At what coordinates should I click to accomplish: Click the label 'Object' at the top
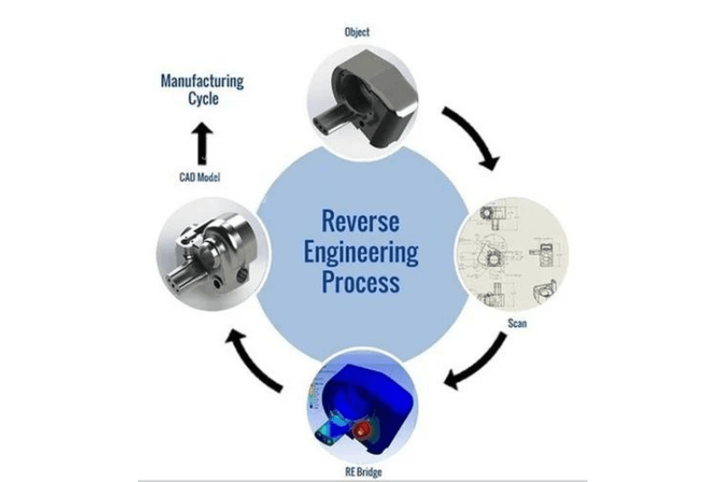(x=356, y=32)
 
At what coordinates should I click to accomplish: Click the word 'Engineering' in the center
(x=360, y=251)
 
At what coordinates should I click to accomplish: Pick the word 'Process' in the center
(x=361, y=282)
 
